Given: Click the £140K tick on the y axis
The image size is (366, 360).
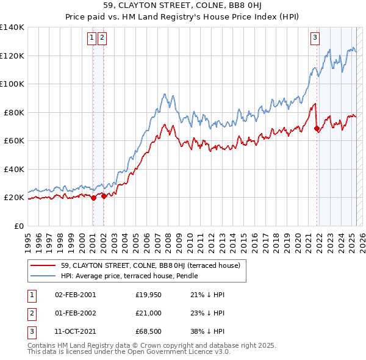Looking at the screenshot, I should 12,27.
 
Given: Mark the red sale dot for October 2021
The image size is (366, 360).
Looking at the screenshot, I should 317,129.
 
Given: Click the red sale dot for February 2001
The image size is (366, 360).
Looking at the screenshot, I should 93,198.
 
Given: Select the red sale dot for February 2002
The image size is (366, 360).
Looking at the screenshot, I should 104,196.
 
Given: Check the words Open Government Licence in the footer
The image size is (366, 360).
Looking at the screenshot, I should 175,352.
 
